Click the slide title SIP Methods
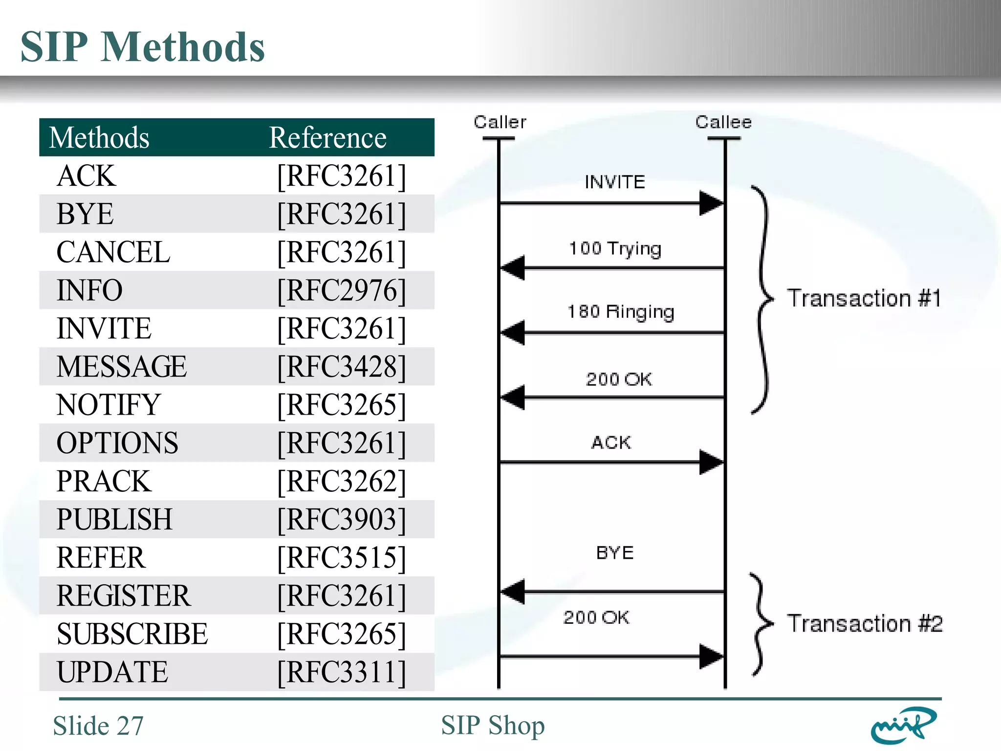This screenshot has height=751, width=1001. pos(142,47)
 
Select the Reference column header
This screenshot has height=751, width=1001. pos(327,138)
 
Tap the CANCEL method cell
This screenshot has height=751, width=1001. pos(113,252)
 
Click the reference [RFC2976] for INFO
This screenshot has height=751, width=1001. pos(341,290)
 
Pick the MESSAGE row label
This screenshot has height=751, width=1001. pos(122,367)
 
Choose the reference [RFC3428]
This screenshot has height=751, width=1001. pos(341,367)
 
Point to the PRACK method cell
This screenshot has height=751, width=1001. pos(104,481)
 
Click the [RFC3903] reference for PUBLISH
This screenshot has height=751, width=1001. pos(341,519)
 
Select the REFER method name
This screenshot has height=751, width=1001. pos(101,557)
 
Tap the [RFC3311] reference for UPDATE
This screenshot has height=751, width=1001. pos(341,672)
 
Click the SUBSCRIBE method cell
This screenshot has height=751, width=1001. pos(132,634)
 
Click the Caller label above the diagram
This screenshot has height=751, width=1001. pos(500,122)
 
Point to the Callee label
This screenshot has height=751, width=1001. pos(723,122)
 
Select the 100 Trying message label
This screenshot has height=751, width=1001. pos(615,249)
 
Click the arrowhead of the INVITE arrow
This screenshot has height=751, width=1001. pos(711,203)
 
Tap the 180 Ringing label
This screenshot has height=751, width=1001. pos(621,312)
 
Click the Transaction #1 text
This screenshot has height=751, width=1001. pos(864,298)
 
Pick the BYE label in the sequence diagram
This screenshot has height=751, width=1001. pos(615,553)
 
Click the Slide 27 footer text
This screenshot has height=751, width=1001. pos(98,726)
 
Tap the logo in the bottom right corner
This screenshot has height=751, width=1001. pos(903,725)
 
